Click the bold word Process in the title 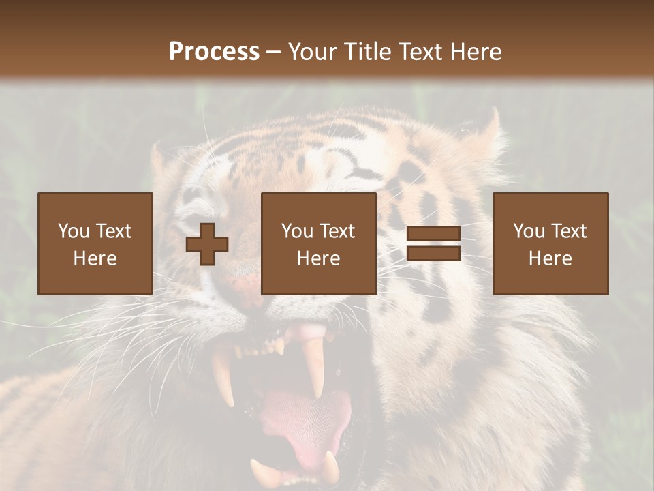tap(214, 52)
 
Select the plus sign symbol tap(207, 243)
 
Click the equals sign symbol tap(433, 243)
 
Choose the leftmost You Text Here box tap(95, 243)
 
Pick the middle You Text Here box tap(319, 243)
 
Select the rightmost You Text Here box tap(550, 243)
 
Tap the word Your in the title tap(311, 52)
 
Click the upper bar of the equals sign tap(433, 234)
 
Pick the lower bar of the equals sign tap(433, 254)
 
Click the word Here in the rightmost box tap(550, 258)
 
